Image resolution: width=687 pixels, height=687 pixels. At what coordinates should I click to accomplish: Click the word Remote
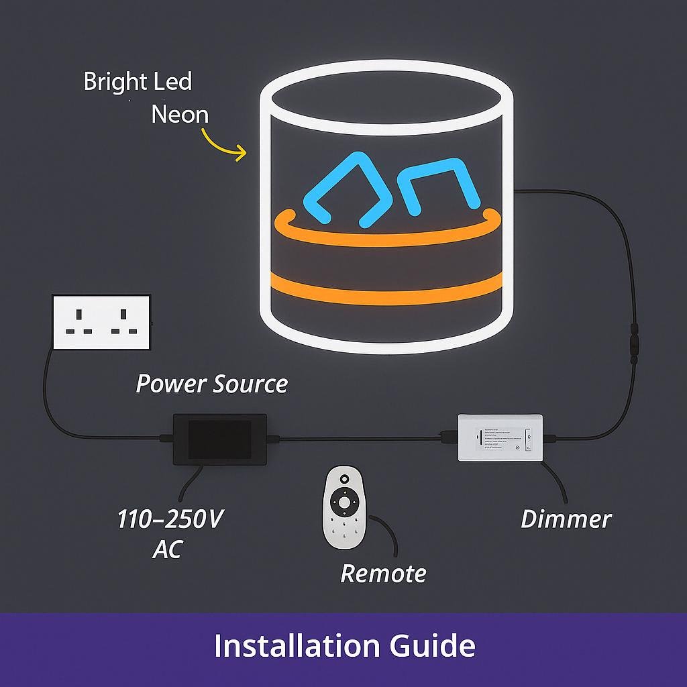383,574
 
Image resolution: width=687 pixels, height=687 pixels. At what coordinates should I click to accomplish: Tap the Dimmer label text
566,519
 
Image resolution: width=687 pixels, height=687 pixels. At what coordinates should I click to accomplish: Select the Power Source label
212,384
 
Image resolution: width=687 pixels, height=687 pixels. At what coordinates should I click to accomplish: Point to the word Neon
180,114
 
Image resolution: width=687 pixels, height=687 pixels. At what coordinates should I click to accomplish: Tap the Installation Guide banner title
344,646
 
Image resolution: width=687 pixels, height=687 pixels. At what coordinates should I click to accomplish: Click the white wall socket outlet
101,321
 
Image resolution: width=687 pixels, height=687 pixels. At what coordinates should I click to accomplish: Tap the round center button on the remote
344,502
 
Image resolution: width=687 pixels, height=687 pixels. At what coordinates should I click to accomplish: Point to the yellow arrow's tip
246,155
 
